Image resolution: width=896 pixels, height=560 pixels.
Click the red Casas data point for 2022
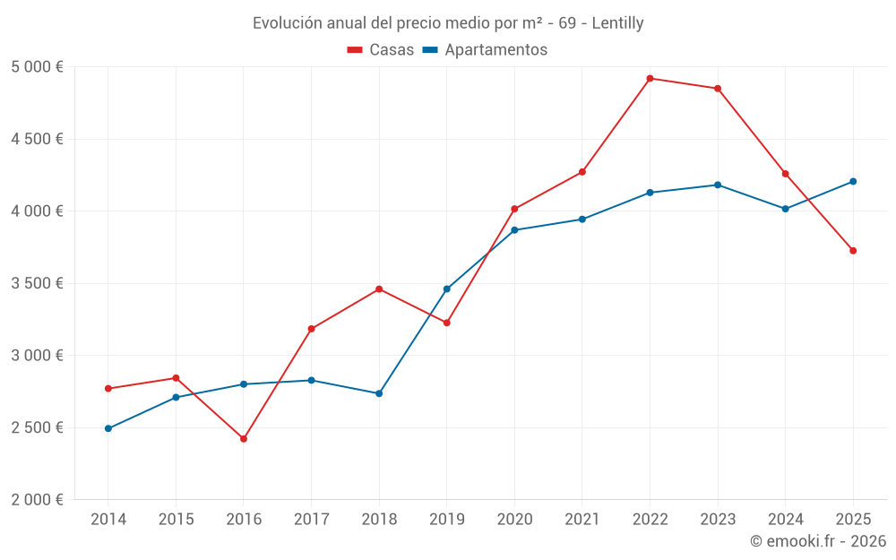click(x=650, y=78)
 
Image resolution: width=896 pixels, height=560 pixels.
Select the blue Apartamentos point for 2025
click(x=853, y=181)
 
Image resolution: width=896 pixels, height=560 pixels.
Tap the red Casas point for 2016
click(x=244, y=438)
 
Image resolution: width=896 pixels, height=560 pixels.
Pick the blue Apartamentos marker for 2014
click(x=108, y=428)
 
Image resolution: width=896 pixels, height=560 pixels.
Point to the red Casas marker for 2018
click(x=379, y=289)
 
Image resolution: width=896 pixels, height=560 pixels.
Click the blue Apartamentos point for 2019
click(x=447, y=289)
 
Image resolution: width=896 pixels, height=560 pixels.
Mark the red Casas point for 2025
click(x=853, y=250)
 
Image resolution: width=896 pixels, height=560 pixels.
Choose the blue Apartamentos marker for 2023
click(x=718, y=185)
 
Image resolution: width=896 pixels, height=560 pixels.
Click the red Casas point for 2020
click(x=514, y=209)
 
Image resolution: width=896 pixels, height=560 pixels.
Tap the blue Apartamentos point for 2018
click(x=379, y=393)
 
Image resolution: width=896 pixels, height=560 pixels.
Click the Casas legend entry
click(x=381, y=50)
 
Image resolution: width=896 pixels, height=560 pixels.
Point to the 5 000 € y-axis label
click(x=37, y=67)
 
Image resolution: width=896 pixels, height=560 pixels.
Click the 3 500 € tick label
click(x=37, y=283)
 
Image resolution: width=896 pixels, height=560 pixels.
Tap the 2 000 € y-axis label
click(x=37, y=499)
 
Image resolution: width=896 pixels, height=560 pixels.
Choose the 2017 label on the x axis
click(x=311, y=519)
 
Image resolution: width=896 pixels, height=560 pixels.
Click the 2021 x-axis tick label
click(x=582, y=519)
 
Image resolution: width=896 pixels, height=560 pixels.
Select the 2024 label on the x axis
click(x=785, y=519)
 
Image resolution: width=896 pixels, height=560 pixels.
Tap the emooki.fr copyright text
click(x=817, y=541)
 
